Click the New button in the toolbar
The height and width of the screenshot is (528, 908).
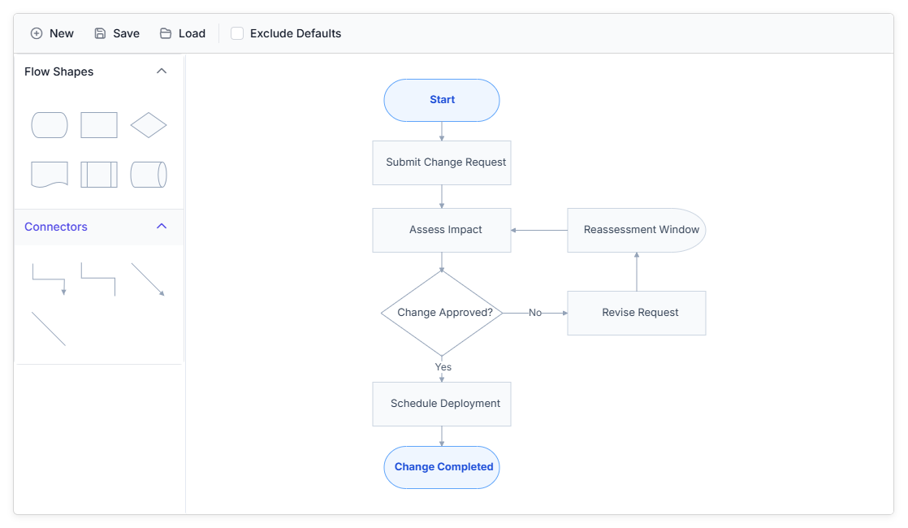click(52, 33)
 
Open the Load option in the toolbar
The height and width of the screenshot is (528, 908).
click(183, 33)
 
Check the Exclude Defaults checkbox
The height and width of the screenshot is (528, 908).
click(237, 33)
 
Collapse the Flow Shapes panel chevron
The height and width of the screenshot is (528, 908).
click(162, 71)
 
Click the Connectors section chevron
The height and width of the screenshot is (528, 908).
click(162, 227)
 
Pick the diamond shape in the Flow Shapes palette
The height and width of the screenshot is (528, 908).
click(149, 125)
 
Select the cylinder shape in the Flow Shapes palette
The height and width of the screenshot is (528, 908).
click(149, 175)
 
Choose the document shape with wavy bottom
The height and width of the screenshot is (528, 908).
click(50, 175)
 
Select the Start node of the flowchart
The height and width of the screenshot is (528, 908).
click(442, 100)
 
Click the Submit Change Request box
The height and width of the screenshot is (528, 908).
click(442, 162)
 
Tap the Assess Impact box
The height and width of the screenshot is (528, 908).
click(442, 231)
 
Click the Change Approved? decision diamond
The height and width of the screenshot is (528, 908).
click(442, 314)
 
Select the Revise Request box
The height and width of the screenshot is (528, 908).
click(637, 314)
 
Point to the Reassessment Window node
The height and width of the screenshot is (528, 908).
click(637, 231)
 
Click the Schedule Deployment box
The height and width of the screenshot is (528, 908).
click(442, 404)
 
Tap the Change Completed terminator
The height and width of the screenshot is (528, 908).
click(442, 467)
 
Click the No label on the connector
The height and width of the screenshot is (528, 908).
click(535, 313)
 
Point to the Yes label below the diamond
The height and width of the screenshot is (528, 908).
click(443, 367)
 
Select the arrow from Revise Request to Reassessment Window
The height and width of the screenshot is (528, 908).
click(637, 272)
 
